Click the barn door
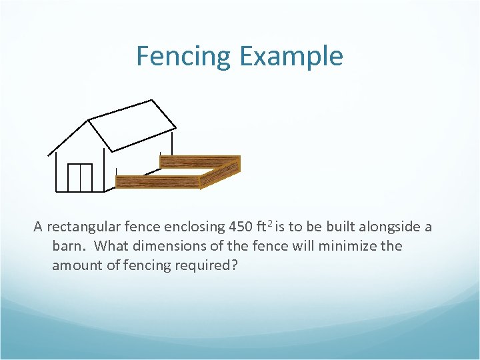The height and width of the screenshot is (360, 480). coord(80,177)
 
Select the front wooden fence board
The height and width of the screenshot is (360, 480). coord(158,181)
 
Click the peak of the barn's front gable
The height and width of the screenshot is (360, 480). coord(89,121)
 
